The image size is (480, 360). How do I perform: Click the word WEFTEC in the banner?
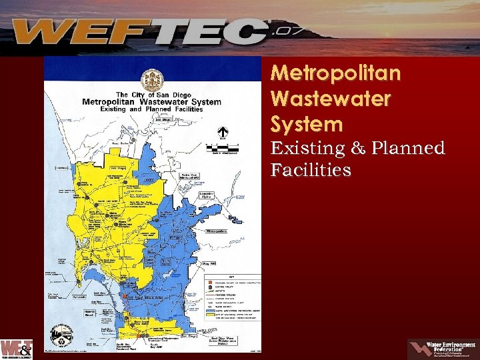click(140, 32)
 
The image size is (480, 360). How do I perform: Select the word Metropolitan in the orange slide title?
click(336, 73)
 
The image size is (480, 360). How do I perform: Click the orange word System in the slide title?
click(307, 124)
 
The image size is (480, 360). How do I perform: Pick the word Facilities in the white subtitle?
click(311, 171)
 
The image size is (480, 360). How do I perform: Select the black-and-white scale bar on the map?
click(223, 147)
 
